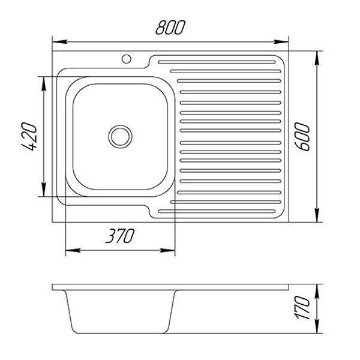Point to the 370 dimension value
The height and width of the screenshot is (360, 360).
pos(119,236)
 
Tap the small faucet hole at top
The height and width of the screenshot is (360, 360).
pos(127,59)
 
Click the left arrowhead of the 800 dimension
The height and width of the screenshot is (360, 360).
pos(56,42)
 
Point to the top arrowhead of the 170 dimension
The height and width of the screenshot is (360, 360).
pos(317,287)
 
